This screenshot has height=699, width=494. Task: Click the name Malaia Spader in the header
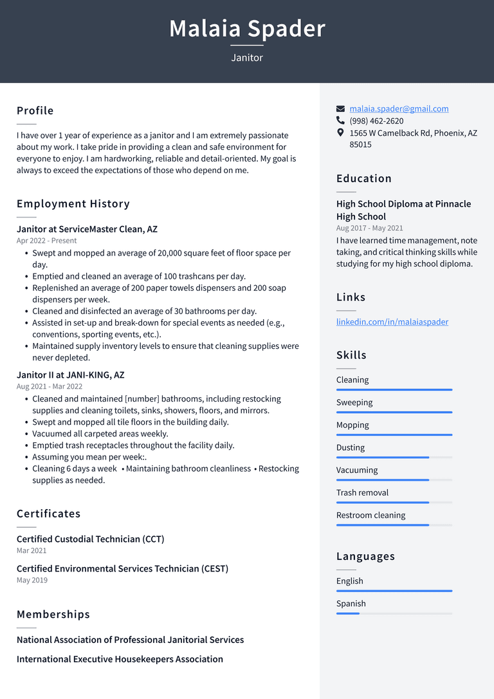tap(247, 29)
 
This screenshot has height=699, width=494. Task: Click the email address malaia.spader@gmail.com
tap(399, 109)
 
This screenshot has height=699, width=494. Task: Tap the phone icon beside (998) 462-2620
tap(340, 120)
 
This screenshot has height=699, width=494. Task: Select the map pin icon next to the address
tap(340, 133)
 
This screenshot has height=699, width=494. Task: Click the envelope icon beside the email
tap(340, 109)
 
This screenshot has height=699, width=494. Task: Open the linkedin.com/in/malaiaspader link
tap(392, 322)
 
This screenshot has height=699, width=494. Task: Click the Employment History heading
tap(73, 204)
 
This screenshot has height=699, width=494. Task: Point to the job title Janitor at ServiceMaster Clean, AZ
tap(87, 229)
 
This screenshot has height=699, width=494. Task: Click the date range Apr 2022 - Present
tap(46, 241)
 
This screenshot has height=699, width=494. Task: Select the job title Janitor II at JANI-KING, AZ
tap(70, 375)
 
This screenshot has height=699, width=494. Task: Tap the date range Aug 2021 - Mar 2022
tap(50, 386)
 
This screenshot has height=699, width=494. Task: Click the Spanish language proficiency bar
tap(394, 613)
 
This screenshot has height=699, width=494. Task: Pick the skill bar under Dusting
tap(394, 457)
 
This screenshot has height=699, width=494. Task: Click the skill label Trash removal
tap(362, 493)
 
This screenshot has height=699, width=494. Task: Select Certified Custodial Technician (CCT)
tap(90, 539)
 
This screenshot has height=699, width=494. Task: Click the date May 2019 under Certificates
tap(32, 580)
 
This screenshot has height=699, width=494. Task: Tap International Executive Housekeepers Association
tap(120, 659)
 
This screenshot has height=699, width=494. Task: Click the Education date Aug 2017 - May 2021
tap(369, 228)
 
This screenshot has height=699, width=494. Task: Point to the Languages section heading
tap(365, 557)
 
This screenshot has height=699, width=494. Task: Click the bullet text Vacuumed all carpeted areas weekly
tap(100, 434)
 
